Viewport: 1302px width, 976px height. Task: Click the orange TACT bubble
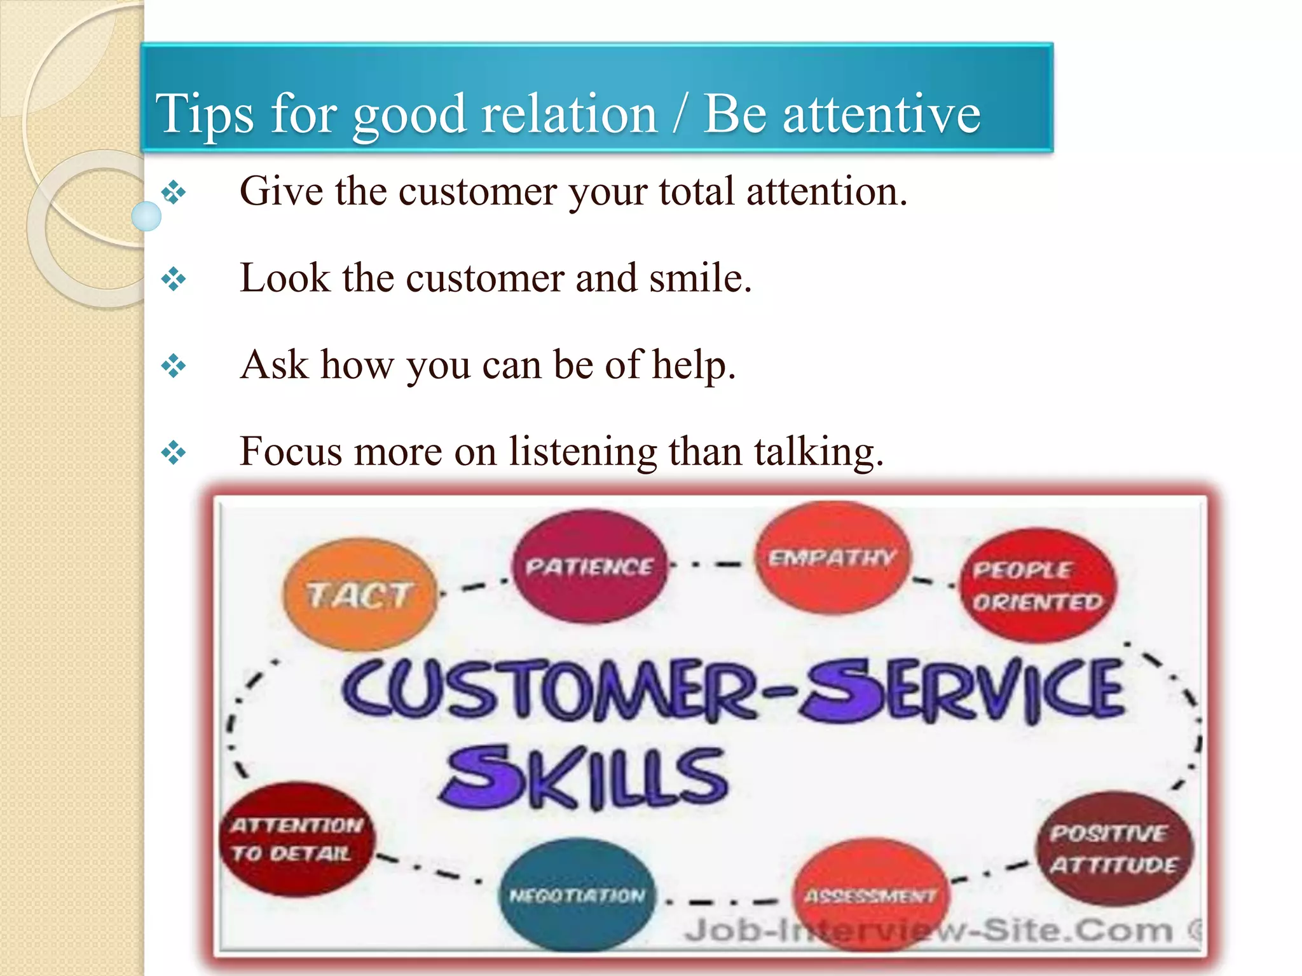click(360, 594)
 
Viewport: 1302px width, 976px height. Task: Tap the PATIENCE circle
click(590, 566)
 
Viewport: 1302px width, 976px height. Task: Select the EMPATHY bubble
click(832, 557)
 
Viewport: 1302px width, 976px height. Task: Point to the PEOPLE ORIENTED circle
click(1038, 585)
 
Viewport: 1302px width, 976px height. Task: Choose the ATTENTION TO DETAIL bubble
click(296, 839)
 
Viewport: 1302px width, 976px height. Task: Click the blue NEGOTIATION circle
click(577, 895)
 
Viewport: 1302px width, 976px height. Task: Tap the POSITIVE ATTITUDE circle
click(1113, 848)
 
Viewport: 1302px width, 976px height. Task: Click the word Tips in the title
click(205, 114)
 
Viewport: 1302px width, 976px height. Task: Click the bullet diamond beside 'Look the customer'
click(174, 279)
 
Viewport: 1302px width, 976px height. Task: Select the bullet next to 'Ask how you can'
click(174, 366)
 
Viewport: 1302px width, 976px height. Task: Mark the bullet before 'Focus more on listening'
click(174, 453)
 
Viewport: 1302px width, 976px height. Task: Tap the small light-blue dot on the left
click(146, 216)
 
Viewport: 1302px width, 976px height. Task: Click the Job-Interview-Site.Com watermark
click(928, 931)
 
